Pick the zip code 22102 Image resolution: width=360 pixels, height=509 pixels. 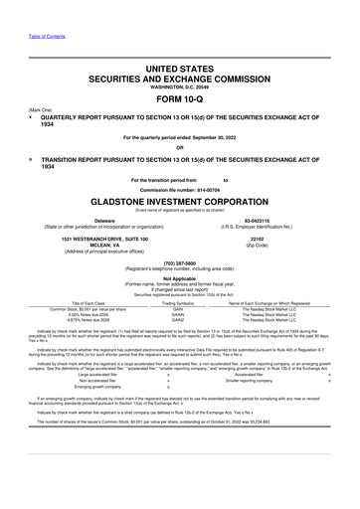(256, 239)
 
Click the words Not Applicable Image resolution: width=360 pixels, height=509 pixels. (179, 280)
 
